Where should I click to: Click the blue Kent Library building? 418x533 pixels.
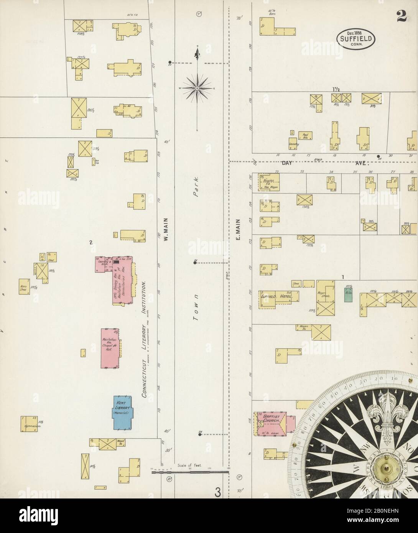pyautogui.click(x=122, y=412)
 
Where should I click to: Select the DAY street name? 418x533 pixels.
pyautogui.click(x=287, y=163)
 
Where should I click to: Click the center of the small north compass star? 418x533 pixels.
pyautogui.click(x=197, y=88)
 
